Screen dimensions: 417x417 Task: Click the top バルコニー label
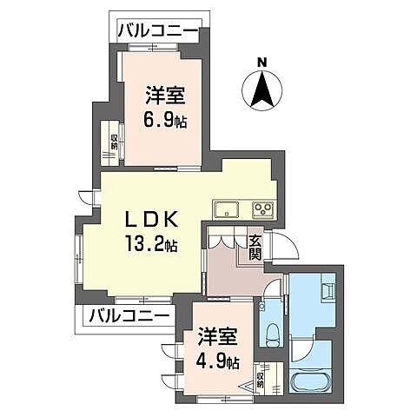click(x=158, y=32)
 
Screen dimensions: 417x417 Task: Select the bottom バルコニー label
click(x=128, y=314)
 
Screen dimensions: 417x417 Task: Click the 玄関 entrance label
click(x=255, y=248)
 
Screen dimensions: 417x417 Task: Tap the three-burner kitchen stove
click(x=262, y=208)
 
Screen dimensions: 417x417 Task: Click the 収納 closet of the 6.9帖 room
click(x=113, y=139)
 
